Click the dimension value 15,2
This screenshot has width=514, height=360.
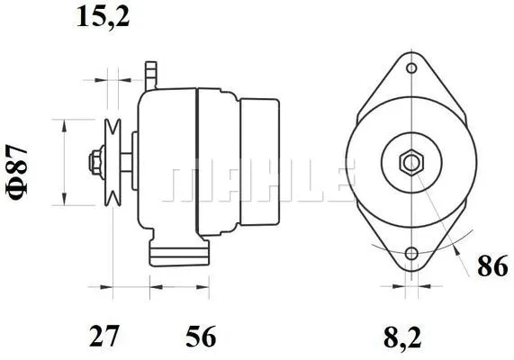tap(104, 17)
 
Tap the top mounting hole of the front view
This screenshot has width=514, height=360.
tap(411, 69)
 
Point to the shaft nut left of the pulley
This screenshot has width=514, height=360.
tap(93, 163)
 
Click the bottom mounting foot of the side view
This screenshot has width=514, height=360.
tap(180, 255)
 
